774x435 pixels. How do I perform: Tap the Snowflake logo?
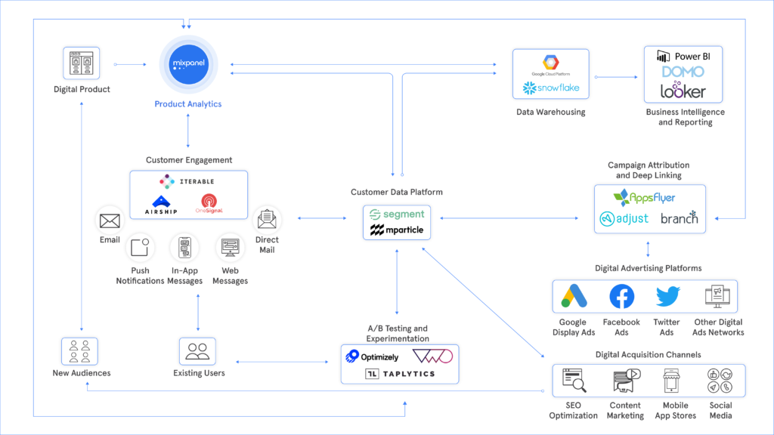tap(551, 88)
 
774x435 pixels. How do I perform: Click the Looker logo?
tap(683, 91)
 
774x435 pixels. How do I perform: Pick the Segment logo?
tap(398, 214)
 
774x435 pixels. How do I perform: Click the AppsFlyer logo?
tap(645, 198)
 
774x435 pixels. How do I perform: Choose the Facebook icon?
tap(621, 298)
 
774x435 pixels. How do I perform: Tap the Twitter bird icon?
tap(667, 297)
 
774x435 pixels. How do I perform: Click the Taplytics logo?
tap(400, 374)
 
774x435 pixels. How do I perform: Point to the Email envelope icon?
tap(110, 221)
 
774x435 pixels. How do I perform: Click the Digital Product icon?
tap(81, 64)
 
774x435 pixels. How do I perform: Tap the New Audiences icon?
tap(80, 351)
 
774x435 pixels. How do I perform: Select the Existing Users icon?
tap(197, 351)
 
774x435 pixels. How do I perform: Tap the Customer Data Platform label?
tap(397, 193)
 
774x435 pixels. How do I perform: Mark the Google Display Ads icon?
tap(574, 298)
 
